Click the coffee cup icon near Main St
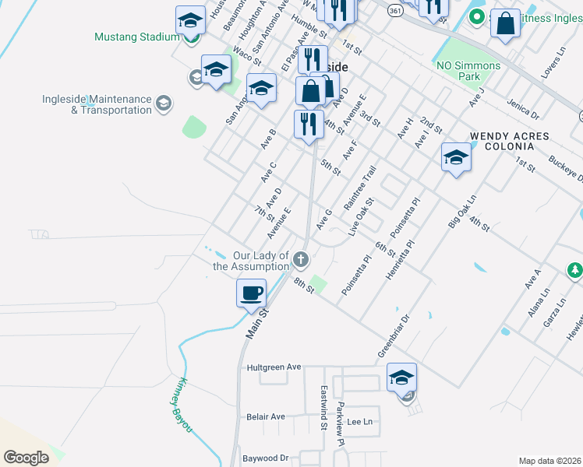(x=251, y=293)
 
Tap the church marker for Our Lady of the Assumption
(x=301, y=259)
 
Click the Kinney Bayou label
(x=180, y=402)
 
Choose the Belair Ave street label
(x=266, y=416)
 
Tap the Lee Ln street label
(x=360, y=421)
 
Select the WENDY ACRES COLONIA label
(x=510, y=142)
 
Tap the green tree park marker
(x=574, y=270)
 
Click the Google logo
(x=26, y=457)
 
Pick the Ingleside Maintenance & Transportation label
(x=97, y=104)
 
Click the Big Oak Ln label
(x=461, y=210)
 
